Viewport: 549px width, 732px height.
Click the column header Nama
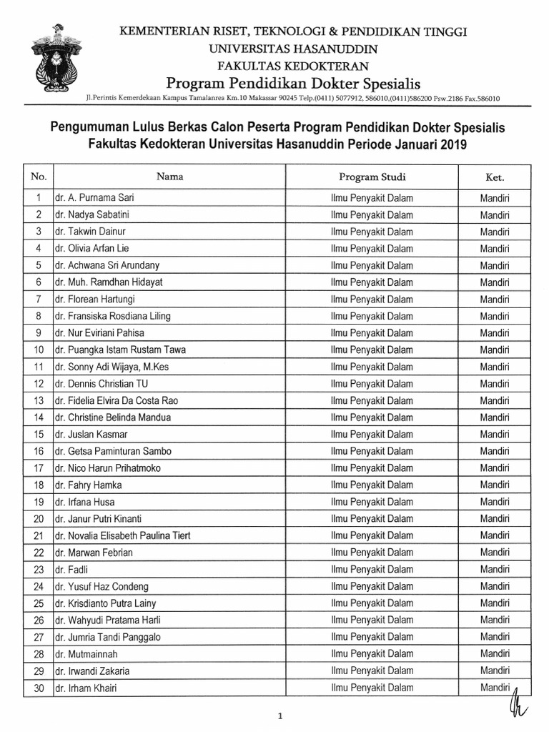point(169,177)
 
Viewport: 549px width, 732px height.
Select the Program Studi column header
point(372,177)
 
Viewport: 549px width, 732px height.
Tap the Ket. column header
point(495,177)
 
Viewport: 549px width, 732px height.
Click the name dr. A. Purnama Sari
point(94,198)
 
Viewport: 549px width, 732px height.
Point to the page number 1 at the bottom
point(281,715)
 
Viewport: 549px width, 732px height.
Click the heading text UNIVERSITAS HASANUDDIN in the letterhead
point(293,49)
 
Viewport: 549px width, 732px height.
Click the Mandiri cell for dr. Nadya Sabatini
point(495,215)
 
